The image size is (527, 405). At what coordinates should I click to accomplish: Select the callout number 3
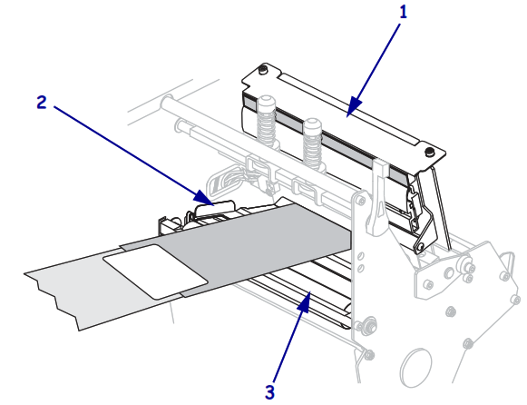tap(268, 391)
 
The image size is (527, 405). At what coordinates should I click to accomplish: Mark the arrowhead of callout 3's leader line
tap(310, 293)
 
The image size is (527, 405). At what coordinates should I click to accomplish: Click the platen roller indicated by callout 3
tap(299, 300)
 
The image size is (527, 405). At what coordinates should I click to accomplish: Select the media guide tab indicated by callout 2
tap(204, 211)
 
